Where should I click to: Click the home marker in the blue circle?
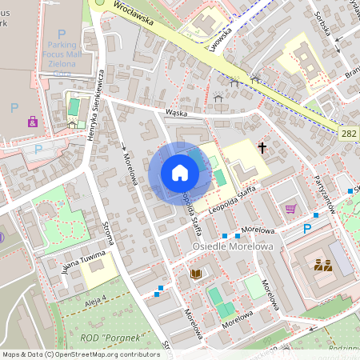179,173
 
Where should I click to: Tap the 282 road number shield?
347,135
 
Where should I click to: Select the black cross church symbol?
261,147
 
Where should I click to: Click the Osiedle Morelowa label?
233,246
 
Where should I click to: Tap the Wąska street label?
176,114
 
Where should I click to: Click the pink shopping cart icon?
290,209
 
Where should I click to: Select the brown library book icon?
196,274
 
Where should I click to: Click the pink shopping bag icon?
32,122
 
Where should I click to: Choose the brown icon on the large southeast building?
323,265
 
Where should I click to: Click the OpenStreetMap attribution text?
81,354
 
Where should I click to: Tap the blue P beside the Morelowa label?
306,229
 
